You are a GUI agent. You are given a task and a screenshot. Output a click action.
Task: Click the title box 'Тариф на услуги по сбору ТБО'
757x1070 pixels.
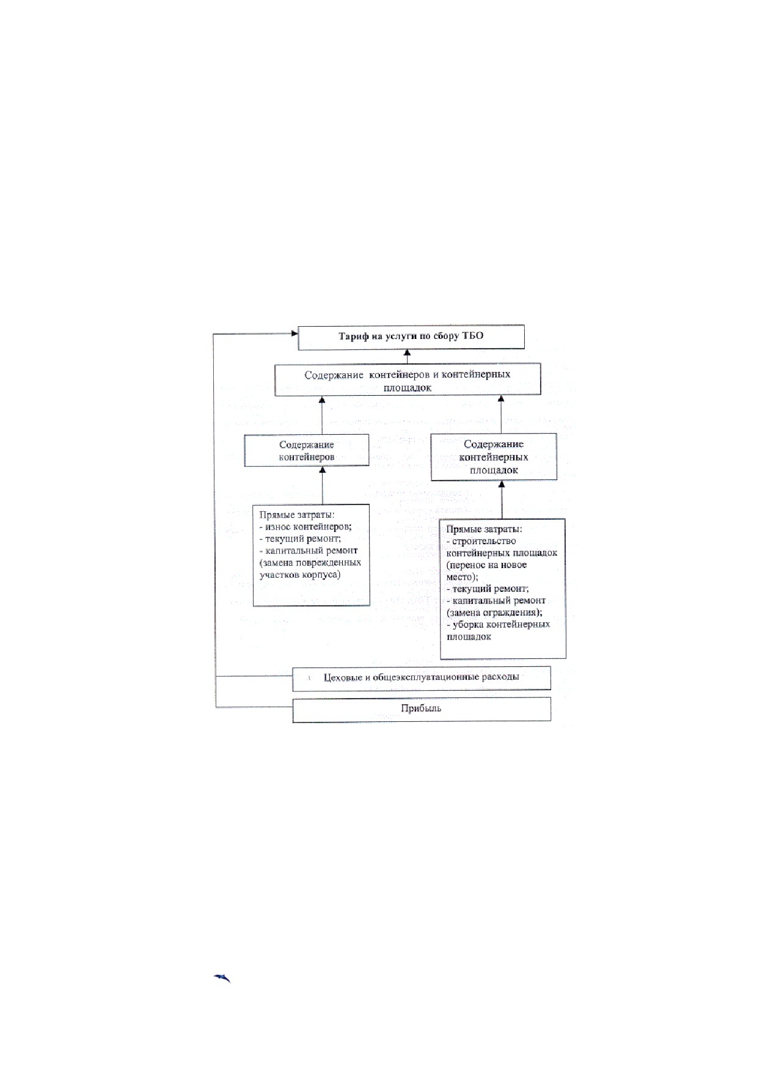(411, 337)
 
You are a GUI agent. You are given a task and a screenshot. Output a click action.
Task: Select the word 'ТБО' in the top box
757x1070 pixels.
(474, 337)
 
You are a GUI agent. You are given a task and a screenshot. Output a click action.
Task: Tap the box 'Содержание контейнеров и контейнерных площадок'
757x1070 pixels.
(408, 380)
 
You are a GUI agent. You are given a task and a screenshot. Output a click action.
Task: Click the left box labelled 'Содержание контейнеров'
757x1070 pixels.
(307, 451)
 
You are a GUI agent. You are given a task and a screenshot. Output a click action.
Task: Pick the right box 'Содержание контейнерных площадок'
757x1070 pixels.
(494, 457)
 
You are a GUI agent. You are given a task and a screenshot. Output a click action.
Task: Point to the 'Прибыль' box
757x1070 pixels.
(422, 709)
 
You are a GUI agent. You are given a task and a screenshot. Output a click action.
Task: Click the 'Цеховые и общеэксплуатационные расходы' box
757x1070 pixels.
(422, 678)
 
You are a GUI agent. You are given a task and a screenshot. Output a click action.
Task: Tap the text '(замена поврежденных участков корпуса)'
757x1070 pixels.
(310, 569)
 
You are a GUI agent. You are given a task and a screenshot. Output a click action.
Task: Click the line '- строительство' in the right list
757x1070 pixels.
(481, 541)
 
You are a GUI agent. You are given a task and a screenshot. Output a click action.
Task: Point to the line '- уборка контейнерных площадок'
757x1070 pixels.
(499, 630)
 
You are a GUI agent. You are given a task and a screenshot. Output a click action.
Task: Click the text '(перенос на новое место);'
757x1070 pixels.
(487, 570)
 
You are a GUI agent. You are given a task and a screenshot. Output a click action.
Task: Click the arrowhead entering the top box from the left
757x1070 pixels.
(294, 333)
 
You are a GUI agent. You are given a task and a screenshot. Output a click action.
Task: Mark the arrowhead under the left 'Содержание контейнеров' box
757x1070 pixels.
(323, 471)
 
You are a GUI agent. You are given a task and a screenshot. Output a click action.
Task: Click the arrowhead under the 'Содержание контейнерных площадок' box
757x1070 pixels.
(502, 485)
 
